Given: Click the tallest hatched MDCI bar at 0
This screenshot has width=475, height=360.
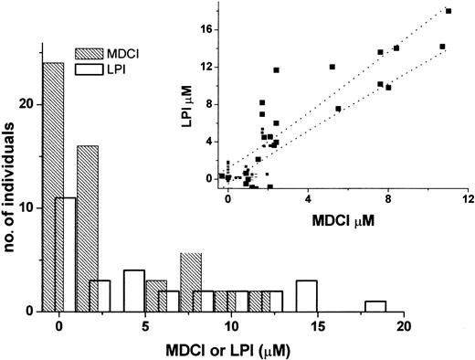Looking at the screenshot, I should click(54, 186).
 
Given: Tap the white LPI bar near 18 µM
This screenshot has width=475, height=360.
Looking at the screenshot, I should click(375, 306).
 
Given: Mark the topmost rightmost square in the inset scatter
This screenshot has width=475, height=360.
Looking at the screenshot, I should click(449, 11).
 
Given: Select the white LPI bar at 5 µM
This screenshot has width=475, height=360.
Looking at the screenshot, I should click(134, 291).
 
